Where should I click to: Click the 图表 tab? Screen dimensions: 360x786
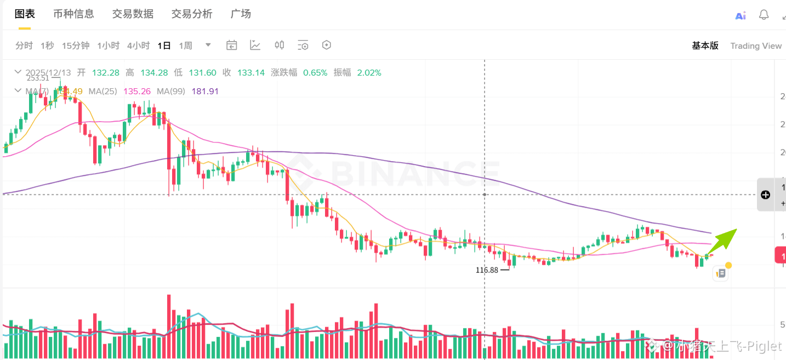pyautogui.click(x=25, y=14)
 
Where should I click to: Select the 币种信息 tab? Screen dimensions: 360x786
pyautogui.click(x=73, y=14)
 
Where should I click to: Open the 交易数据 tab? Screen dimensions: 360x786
pyautogui.click(x=133, y=14)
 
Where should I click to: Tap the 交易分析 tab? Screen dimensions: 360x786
pyautogui.click(x=192, y=14)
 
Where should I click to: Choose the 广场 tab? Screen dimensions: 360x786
pyautogui.click(x=241, y=14)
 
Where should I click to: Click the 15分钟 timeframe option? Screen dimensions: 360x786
pyautogui.click(x=76, y=45)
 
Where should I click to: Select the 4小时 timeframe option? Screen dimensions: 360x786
pyautogui.click(x=138, y=45)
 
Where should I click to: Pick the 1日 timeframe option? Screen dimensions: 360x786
pyautogui.click(x=164, y=45)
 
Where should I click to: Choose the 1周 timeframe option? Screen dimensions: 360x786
pyautogui.click(x=186, y=45)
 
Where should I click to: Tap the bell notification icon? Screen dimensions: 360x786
pyautogui.click(x=764, y=15)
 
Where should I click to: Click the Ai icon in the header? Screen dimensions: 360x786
pyautogui.click(x=741, y=15)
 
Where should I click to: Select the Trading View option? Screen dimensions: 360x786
pyautogui.click(x=756, y=45)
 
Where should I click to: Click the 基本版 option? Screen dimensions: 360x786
pyautogui.click(x=705, y=45)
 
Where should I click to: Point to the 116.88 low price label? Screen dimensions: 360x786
pyautogui.click(x=487, y=270)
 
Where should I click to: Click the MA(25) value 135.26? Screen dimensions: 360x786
pyautogui.click(x=137, y=91)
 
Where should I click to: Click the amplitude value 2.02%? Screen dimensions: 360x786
pyautogui.click(x=369, y=72)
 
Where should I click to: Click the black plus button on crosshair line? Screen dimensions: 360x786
pyautogui.click(x=766, y=195)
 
